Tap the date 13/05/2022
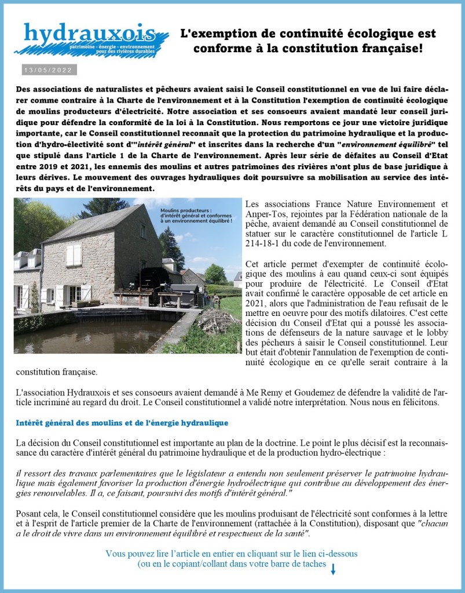tap(48, 70)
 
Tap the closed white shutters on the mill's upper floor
tap(74, 255)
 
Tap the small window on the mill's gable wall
tap(142, 231)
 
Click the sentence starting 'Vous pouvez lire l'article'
tap(231, 554)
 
